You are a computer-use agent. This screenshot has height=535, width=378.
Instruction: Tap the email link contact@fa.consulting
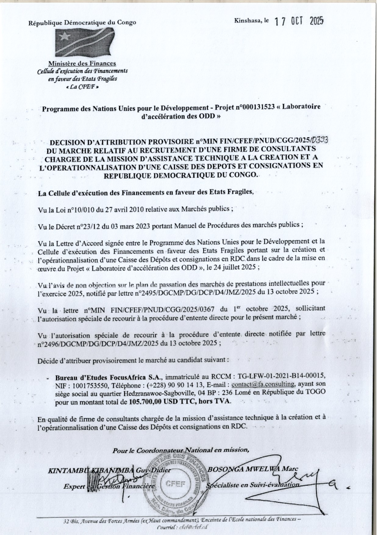click(x=263, y=383)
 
